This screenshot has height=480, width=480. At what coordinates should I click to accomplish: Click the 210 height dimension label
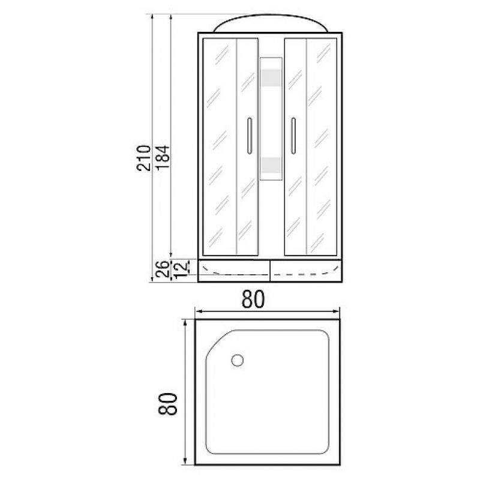coord(143,158)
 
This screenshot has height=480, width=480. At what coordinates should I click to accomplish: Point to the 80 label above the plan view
coord(253,299)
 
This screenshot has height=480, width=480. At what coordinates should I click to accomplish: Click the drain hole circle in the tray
coord(237,360)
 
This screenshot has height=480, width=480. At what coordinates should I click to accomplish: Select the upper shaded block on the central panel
coord(271,78)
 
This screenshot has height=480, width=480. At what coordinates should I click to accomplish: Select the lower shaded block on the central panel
coord(271,165)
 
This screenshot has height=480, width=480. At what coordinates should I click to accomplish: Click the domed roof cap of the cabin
coord(270,25)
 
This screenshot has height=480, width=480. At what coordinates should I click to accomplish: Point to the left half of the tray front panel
coord(234,269)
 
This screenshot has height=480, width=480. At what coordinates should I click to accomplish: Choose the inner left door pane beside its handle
coord(242,180)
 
